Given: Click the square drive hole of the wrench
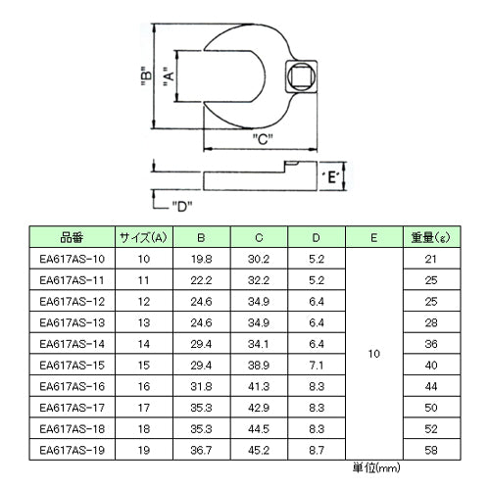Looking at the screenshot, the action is (301, 76).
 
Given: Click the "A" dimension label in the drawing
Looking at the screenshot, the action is (170, 77).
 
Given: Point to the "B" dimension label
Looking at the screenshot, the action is (147, 75).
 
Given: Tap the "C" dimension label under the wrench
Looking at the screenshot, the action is (263, 139).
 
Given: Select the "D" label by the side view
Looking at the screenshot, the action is (182, 206).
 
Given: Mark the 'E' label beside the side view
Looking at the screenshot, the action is (331, 177).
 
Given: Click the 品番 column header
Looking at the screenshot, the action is (72, 237).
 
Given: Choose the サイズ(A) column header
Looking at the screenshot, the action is (144, 237).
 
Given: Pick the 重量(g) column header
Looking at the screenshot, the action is (431, 237).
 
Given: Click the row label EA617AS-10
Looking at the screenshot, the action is (72, 259).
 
